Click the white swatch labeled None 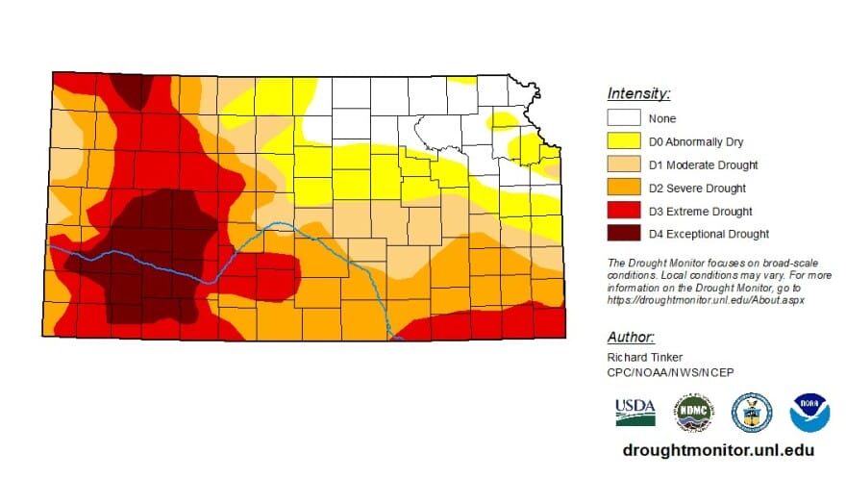(623, 118)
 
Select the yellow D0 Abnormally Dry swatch (623, 141)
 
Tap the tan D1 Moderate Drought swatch (623, 164)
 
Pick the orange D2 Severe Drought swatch (623, 188)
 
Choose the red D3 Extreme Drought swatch (623, 211)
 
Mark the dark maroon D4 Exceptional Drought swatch (623, 234)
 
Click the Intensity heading (638, 93)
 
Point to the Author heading (631, 337)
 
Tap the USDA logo (635, 411)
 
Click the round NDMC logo (693, 411)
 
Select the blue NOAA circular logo (809, 412)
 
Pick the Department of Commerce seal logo (752, 411)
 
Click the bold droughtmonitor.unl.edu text (719, 450)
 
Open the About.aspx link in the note (706, 300)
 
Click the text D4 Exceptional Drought (709, 234)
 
